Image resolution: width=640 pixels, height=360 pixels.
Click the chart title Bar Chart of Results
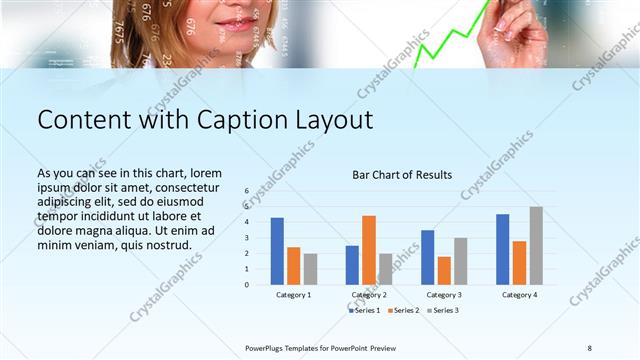[x=402, y=175]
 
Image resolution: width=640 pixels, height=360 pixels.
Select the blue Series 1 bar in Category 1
[x=277, y=251]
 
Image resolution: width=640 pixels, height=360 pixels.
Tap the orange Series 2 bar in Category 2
[x=369, y=250]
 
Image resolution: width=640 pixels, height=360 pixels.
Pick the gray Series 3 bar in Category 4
[x=536, y=246]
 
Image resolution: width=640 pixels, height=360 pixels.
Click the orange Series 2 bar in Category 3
[x=444, y=271]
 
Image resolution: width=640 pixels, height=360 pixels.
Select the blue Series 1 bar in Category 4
[x=502, y=249]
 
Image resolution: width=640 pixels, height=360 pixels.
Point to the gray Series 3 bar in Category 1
[x=310, y=269]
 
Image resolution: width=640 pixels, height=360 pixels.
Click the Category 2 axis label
[x=369, y=295]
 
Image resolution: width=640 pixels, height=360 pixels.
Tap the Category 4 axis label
[x=519, y=295]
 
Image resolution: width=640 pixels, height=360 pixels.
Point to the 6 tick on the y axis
[x=246, y=190]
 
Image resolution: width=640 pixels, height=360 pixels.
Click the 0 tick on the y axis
[x=246, y=285]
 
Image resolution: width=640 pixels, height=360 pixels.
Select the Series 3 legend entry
[x=444, y=311]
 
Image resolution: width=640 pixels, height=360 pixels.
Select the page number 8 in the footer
[x=589, y=347]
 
